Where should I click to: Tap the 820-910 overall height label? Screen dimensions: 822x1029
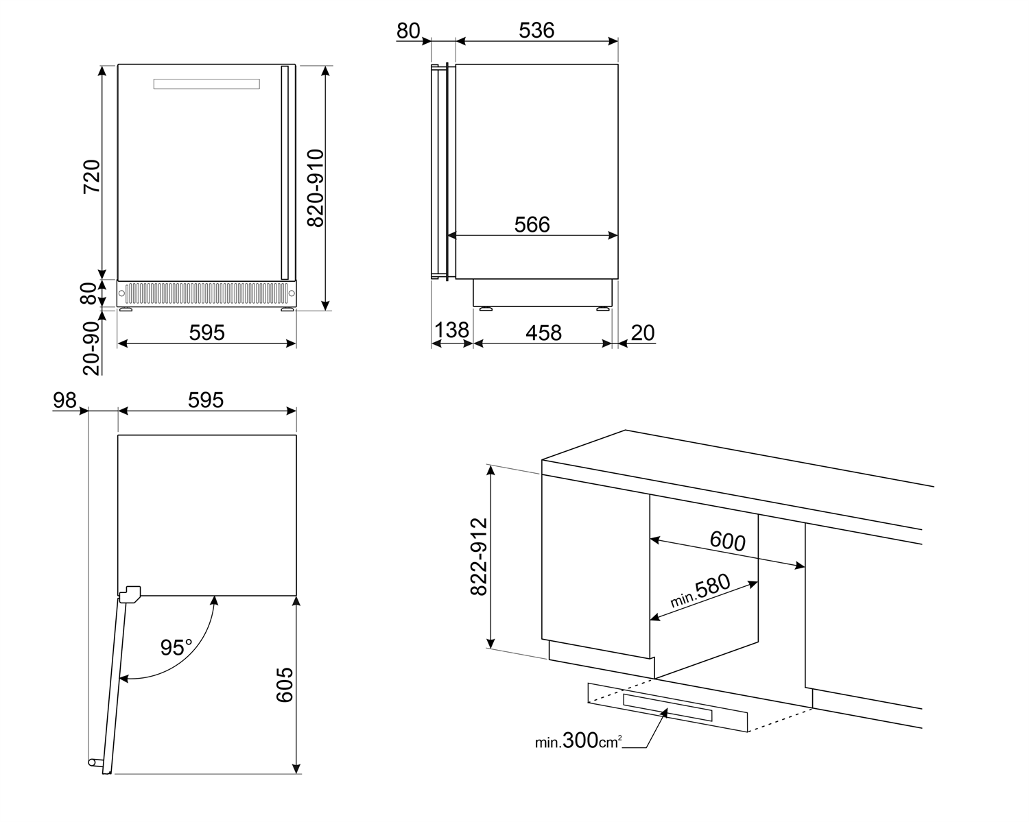315,189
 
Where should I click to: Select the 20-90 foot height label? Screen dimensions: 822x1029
91,348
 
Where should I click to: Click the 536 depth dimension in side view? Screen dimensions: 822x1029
536,30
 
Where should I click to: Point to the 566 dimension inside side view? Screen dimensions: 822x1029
532,224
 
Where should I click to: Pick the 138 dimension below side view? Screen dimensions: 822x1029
452,330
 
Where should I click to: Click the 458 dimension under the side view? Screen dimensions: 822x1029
543,333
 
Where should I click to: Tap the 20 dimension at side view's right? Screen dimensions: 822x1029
643,333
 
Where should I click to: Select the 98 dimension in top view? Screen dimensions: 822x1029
65,400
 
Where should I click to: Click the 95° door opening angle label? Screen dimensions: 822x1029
176,647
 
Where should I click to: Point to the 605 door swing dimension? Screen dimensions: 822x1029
285,684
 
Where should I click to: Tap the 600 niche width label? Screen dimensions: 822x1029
727,542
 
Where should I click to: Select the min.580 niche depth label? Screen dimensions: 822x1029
700,592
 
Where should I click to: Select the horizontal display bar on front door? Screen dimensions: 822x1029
206,84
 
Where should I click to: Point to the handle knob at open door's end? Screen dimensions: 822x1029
93,762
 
